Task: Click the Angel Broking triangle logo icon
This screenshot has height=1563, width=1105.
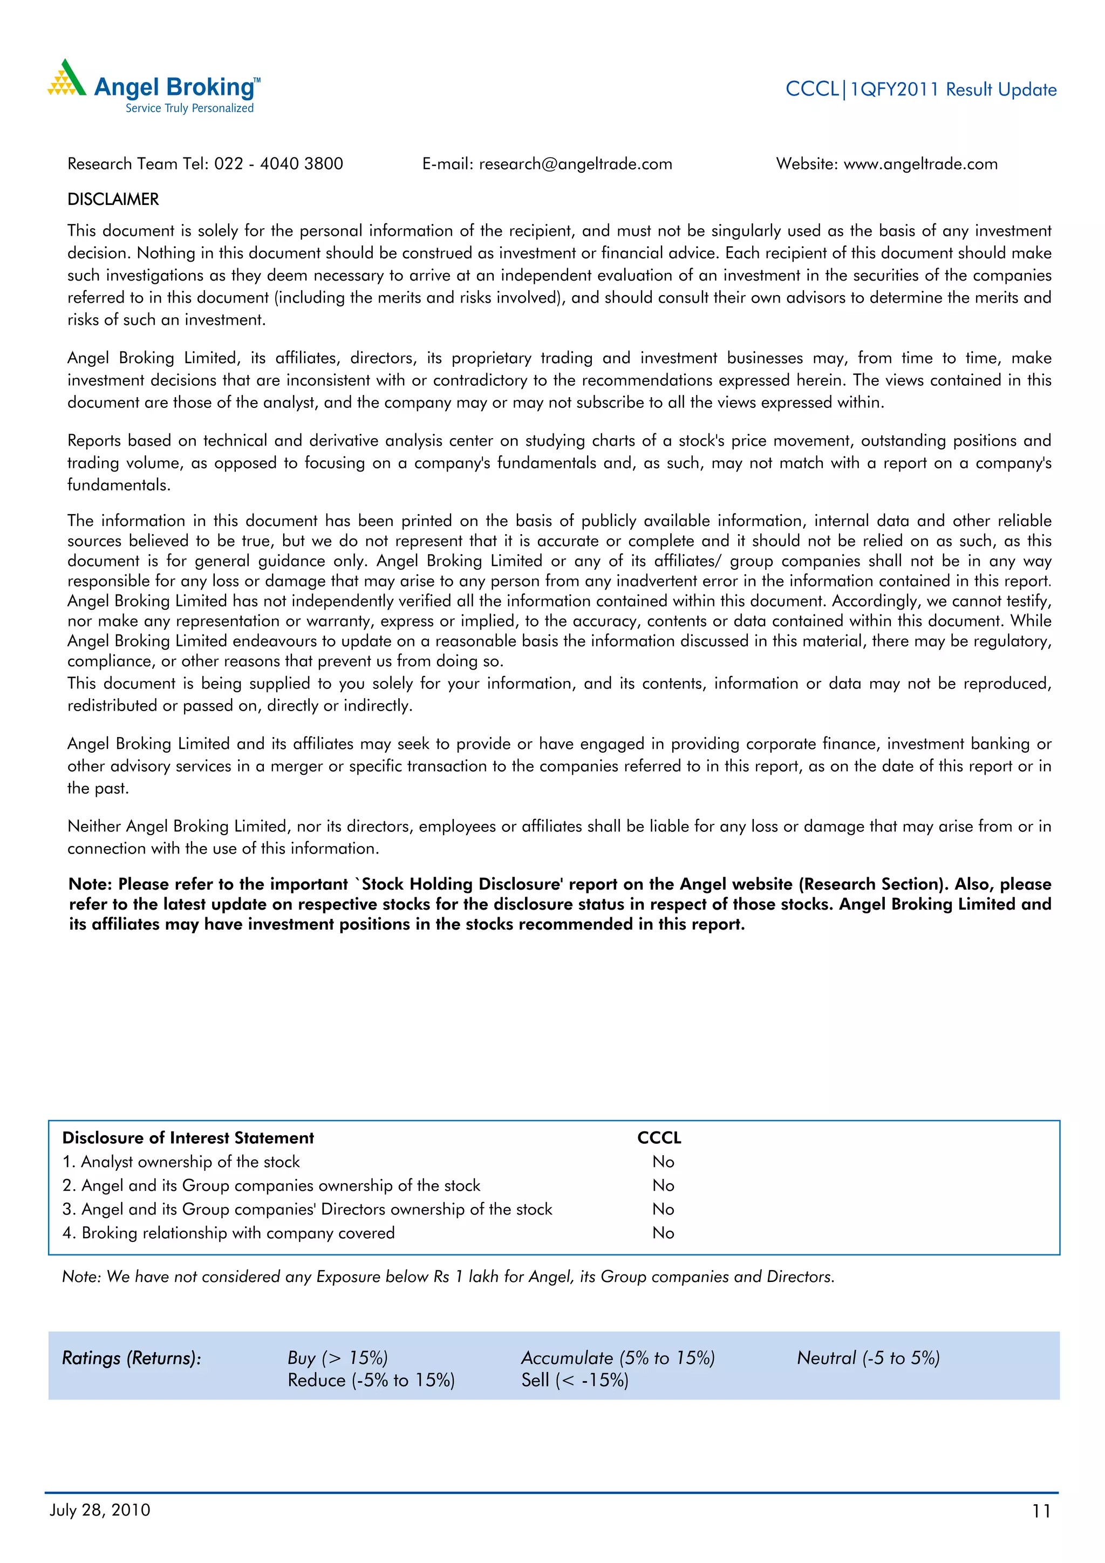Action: (x=67, y=78)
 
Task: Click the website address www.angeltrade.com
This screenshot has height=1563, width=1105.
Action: (x=920, y=164)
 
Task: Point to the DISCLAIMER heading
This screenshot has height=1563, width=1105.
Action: (x=113, y=200)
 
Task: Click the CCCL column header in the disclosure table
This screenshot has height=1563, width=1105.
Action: (x=658, y=1137)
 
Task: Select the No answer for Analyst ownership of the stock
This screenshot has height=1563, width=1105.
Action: (x=663, y=1162)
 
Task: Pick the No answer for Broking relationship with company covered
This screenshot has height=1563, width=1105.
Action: (x=663, y=1233)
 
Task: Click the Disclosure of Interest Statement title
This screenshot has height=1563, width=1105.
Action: (x=188, y=1137)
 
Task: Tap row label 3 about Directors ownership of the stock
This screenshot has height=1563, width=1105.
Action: (x=307, y=1209)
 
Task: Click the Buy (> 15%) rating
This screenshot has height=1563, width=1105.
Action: (x=337, y=1358)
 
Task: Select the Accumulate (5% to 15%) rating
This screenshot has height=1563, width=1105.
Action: (x=618, y=1358)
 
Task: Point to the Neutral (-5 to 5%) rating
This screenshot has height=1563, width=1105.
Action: (x=868, y=1358)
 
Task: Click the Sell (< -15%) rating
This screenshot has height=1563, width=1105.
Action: (x=575, y=1380)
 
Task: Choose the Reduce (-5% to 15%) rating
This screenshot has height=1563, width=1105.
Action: (x=371, y=1380)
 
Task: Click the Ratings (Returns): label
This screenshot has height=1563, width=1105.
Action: (x=132, y=1358)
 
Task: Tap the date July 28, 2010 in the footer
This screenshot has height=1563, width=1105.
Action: (x=100, y=1510)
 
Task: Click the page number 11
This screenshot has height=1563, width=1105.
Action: (x=1041, y=1511)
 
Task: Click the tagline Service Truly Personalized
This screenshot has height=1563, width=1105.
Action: (x=189, y=108)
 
